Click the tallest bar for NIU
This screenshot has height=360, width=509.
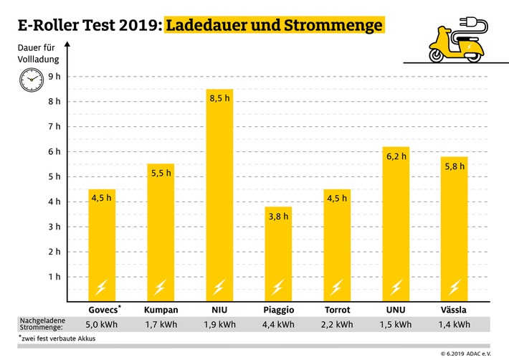pyautogui.click(x=219, y=194)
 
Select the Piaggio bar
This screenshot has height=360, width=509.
pyautogui.click(x=277, y=251)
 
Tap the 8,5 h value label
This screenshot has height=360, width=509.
pyautogui.click(x=219, y=98)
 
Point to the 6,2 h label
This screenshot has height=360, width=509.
pyautogui.click(x=394, y=156)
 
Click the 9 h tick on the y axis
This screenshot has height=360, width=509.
pyautogui.click(x=54, y=76)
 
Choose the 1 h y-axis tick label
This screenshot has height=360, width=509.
pyautogui.click(x=54, y=277)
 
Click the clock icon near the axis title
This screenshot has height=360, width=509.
pyautogui.click(x=31, y=77)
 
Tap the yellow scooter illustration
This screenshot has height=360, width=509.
pyautogui.click(x=448, y=44)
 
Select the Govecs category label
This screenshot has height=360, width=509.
pyautogui.click(x=105, y=310)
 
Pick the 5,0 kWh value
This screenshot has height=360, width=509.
pyautogui.click(x=102, y=323)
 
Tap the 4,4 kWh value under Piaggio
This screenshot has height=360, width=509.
pyautogui.click(x=277, y=323)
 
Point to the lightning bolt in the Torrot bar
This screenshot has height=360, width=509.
pyautogui.click(x=336, y=287)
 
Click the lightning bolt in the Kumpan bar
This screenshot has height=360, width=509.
pyautogui.click(x=161, y=287)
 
